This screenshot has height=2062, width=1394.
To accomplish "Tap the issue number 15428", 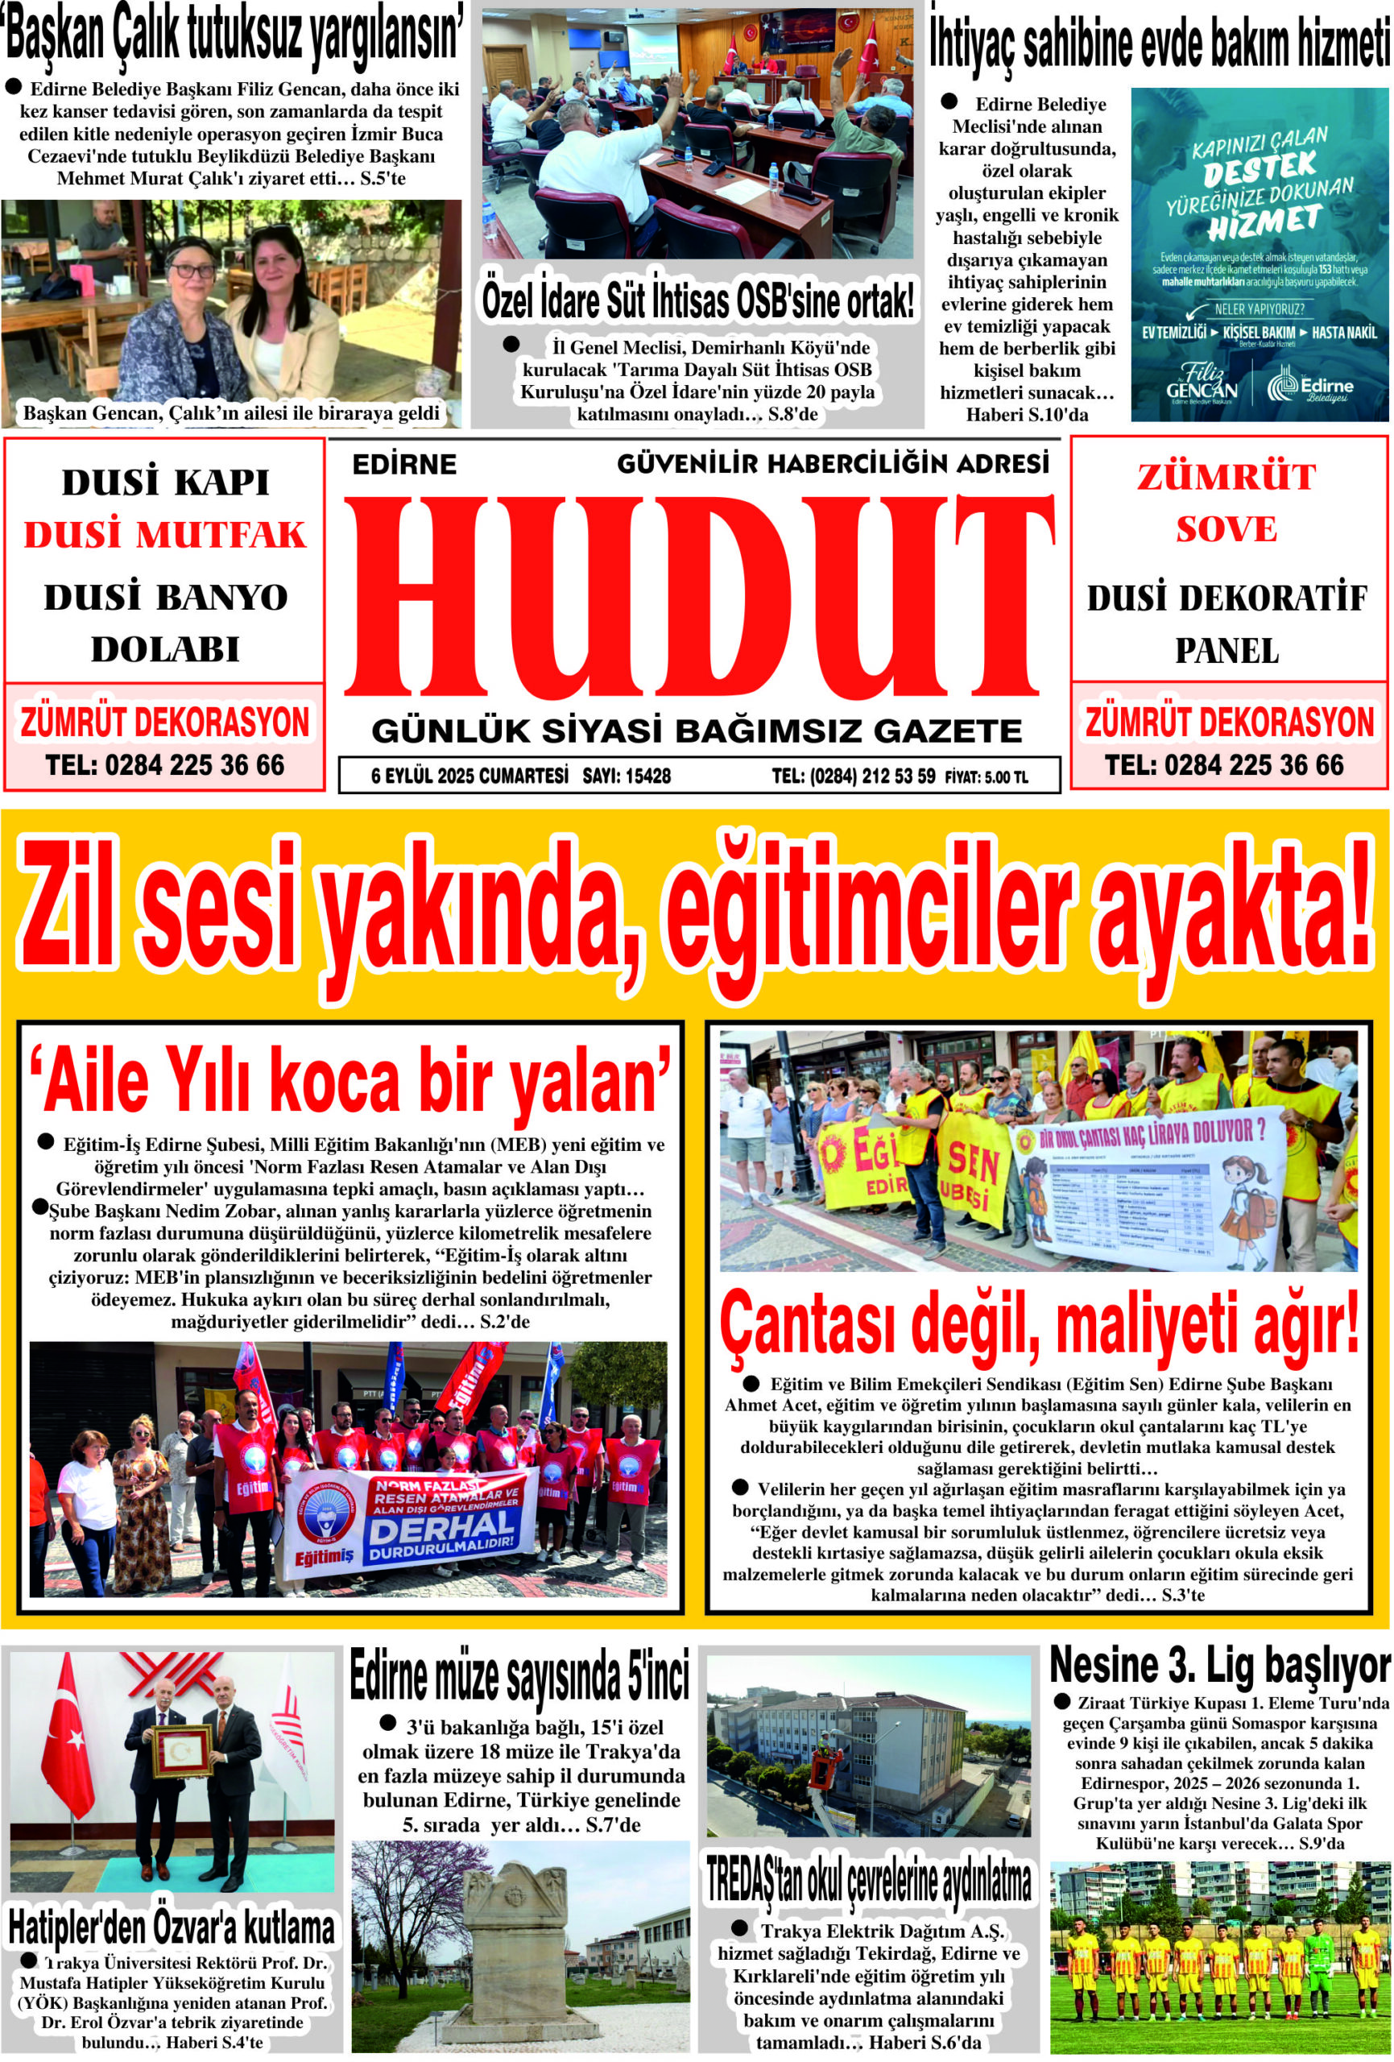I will coord(647,776).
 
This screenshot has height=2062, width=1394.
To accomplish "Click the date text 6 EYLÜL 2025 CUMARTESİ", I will coord(469,776).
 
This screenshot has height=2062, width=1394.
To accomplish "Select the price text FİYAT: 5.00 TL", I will coord(987,777).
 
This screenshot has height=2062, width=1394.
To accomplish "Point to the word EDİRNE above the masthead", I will coord(403,464).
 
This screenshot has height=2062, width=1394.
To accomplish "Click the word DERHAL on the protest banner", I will coord(443,1526).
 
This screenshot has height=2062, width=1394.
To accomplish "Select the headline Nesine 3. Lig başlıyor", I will coord(1220,1667).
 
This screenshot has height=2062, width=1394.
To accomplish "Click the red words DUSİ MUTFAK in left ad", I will coord(165,536).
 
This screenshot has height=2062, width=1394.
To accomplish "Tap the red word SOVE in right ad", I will coord(1226,530).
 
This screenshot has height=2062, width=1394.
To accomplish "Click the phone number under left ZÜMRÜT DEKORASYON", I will coord(165,765).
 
